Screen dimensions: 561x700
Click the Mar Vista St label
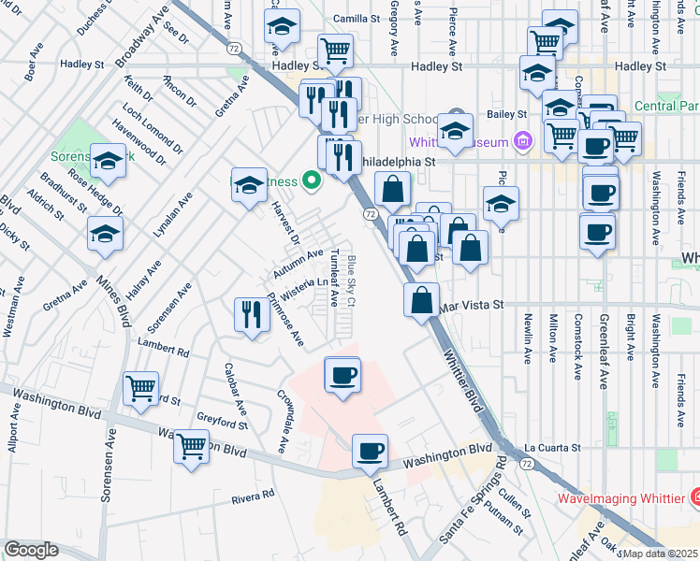coord(471,305)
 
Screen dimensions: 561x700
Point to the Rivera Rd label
coord(255,496)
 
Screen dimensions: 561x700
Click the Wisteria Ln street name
coord(306,287)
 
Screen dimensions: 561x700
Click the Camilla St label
coord(357,18)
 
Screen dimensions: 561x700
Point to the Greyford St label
coord(222,424)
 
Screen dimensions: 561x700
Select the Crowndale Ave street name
coord(281,424)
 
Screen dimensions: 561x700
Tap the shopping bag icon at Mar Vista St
coord(422,300)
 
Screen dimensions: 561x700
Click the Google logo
coord(31,549)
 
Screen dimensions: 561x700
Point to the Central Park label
coord(665,106)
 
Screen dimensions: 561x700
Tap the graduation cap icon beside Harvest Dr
coord(249,185)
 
